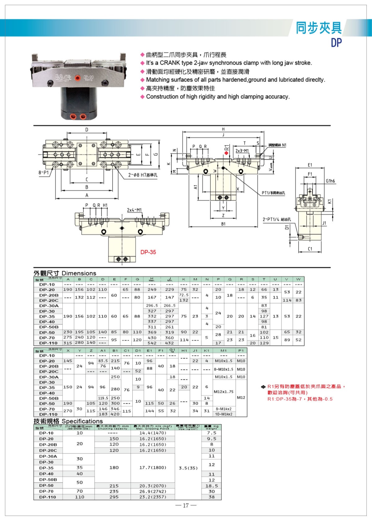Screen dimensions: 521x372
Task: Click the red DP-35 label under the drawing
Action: tap(148, 252)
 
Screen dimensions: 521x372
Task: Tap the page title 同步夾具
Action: tap(319, 28)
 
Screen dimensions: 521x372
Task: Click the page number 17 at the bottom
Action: tap(186, 506)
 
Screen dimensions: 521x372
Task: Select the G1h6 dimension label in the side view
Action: tap(330, 181)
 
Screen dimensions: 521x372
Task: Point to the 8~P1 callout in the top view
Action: tap(44, 173)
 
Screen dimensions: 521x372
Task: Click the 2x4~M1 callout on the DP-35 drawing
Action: tap(134, 210)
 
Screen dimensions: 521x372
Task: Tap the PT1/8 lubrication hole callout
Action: tap(273, 193)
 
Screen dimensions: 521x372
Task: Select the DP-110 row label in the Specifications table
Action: tap(47, 497)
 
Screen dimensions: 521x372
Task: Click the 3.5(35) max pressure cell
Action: tap(188, 468)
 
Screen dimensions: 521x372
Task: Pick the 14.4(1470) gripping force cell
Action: tap(153, 433)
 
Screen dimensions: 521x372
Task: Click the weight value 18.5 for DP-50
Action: tap(211, 486)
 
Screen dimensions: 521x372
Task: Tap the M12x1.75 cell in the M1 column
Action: tap(223, 392)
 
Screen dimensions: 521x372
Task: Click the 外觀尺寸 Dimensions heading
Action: tap(65, 273)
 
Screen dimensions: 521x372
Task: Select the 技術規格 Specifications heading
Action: tap(68, 421)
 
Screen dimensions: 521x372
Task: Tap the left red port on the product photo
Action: tap(73, 117)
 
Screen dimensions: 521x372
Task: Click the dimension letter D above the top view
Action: tap(87, 130)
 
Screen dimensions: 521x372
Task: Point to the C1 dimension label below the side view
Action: tap(310, 249)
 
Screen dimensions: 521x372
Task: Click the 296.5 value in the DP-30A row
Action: tap(152, 306)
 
